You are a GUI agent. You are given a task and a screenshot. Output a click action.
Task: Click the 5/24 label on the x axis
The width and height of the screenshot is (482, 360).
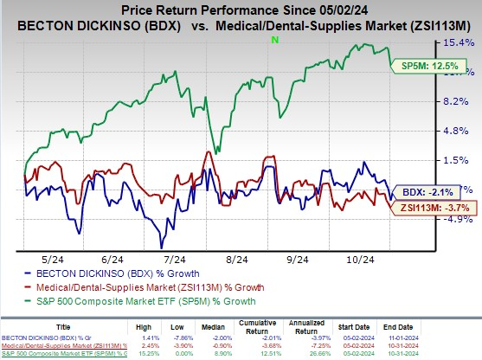coord(54,259)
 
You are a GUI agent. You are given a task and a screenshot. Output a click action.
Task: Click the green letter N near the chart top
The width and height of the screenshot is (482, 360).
coord(274,40)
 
